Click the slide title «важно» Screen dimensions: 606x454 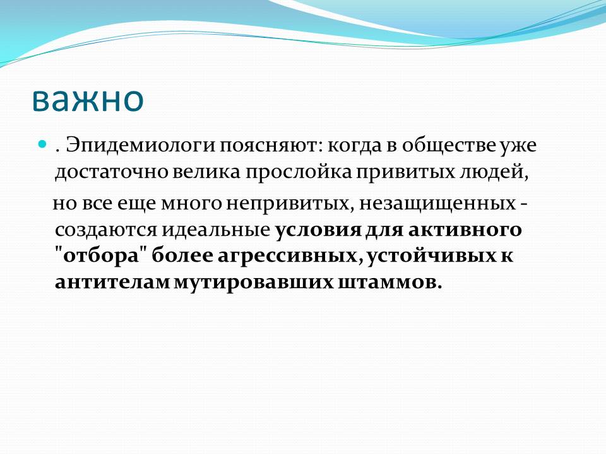(x=88, y=99)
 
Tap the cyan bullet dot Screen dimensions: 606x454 (x=42, y=144)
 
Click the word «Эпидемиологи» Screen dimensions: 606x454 (x=140, y=146)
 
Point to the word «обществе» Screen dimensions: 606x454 (x=448, y=146)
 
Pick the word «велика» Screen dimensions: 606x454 (x=206, y=171)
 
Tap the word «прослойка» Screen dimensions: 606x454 (x=299, y=172)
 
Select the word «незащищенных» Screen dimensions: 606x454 (x=437, y=204)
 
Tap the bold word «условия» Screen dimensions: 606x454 (x=318, y=230)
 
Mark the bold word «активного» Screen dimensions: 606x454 (x=465, y=230)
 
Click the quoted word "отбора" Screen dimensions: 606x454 (x=100, y=256)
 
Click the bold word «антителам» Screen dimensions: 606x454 (x=112, y=282)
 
